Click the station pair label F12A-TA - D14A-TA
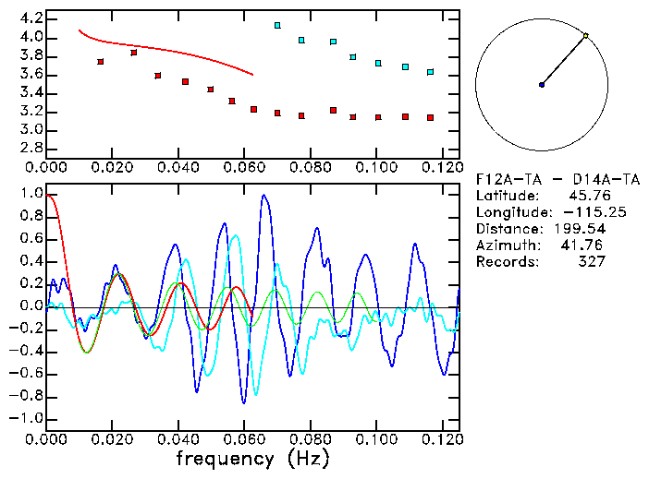(540, 179)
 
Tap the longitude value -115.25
(581, 212)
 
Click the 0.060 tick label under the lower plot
(244, 438)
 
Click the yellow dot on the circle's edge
(585, 36)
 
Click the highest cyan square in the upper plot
(277, 25)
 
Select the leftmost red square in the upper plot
(101, 62)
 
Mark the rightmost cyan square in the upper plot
(430, 72)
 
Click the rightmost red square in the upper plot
(430, 117)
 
